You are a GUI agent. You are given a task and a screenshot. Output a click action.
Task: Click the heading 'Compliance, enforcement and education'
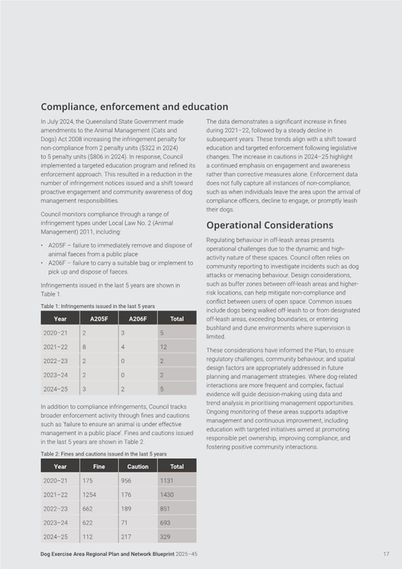tap(134, 107)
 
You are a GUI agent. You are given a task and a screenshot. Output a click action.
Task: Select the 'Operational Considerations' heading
tap(269, 225)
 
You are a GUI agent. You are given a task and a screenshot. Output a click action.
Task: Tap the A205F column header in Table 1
tap(99, 319)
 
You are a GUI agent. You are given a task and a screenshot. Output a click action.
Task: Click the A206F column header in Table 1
tap(138, 319)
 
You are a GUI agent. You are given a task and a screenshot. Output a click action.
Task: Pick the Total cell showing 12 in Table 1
tap(163, 348)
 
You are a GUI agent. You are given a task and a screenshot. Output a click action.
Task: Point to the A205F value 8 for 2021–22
tap(84, 348)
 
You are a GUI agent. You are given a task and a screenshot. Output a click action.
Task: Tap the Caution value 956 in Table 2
tap(125, 480)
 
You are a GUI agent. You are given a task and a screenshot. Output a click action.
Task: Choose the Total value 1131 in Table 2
tap(166, 480)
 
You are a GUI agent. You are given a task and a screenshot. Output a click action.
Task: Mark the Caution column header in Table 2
tap(138, 466)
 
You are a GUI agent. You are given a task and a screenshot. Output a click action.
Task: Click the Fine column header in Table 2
tap(99, 466)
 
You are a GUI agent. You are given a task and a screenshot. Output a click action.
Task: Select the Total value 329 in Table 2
tap(164, 536)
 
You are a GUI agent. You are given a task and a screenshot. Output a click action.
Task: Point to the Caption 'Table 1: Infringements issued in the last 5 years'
tap(98, 306)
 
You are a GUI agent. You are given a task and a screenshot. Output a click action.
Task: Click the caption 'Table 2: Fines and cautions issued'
tap(103, 454)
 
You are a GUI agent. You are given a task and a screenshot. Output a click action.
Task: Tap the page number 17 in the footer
tap(386, 554)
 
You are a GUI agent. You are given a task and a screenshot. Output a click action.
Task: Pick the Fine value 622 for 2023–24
tap(87, 523)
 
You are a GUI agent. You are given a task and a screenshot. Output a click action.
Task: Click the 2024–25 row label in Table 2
tap(54, 536)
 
